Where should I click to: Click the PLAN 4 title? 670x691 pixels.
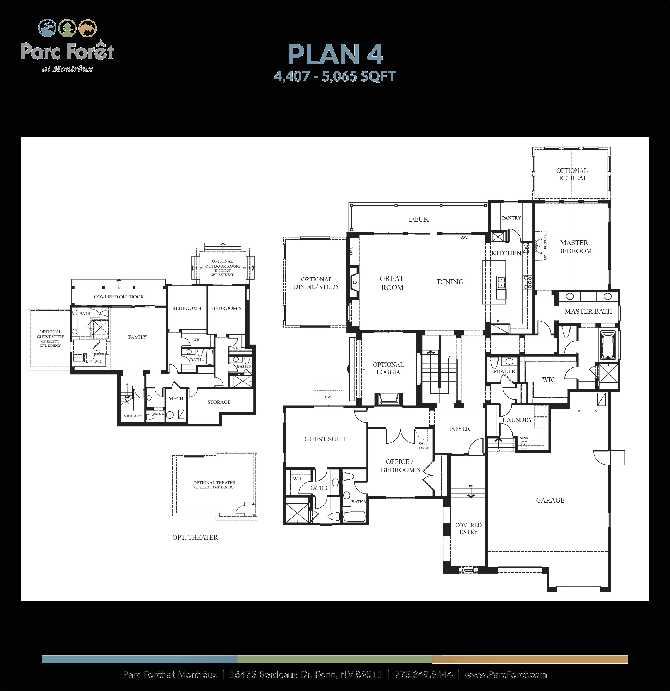(x=335, y=55)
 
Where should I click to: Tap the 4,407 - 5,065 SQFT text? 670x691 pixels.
(x=335, y=76)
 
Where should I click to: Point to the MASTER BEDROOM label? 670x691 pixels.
(x=575, y=247)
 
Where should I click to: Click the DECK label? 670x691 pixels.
(x=418, y=219)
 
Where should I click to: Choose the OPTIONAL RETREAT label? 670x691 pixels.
(x=572, y=174)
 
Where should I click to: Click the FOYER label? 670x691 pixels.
(x=460, y=429)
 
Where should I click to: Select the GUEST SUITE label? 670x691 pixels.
(x=326, y=439)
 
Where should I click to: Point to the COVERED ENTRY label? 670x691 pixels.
(x=468, y=529)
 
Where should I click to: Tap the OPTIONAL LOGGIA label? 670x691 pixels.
(x=388, y=368)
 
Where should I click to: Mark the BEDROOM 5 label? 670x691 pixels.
(x=226, y=308)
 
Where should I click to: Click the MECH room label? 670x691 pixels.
(x=176, y=399)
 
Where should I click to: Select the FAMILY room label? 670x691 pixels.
(x=137, y=337)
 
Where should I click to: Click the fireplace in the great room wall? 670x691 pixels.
(x=354, y=282)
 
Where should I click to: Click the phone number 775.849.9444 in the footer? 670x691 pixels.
(x=423, y=675)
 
